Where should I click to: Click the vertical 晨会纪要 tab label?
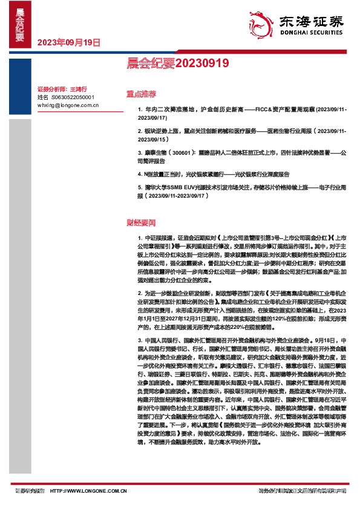(20, 27)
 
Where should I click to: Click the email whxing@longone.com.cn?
(68, 105)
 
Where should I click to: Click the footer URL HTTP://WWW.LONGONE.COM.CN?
(88, 491)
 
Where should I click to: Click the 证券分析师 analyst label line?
(62, 88)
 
